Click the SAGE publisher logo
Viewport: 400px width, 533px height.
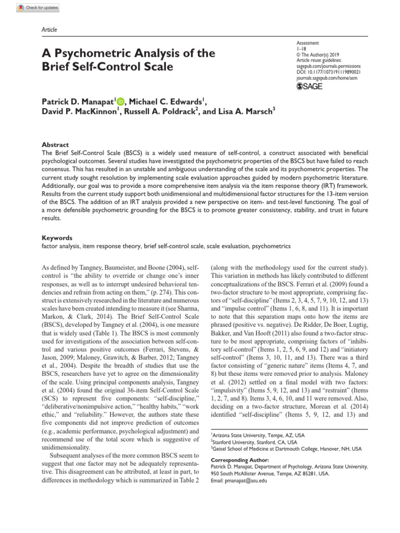[310, 86]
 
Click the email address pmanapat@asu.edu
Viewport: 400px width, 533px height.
[239, 481]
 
